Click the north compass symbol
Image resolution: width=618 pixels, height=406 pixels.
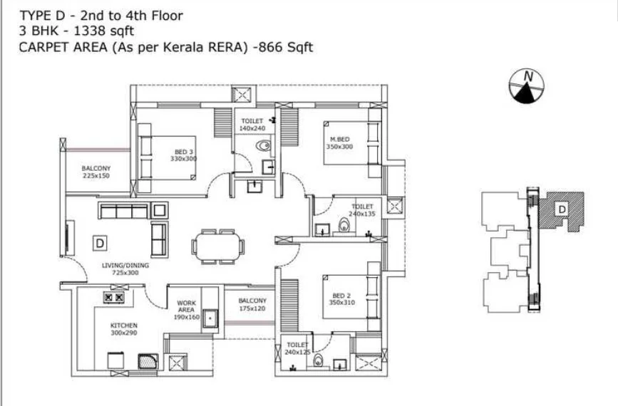click(527, 86)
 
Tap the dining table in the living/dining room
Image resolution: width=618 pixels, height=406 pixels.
click(218, 247)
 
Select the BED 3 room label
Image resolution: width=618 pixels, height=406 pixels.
click(184, 155)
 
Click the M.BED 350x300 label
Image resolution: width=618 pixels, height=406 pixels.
click(339, 143)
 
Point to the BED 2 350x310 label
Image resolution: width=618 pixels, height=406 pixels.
click(341, 299)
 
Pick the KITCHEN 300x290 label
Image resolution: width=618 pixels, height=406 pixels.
click(124, 329)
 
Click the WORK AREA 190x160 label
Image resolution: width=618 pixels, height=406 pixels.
click(187, 310)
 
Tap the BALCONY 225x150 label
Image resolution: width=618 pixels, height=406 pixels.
click(96, 172)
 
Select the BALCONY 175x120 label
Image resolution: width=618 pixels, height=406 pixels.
click(252, 304)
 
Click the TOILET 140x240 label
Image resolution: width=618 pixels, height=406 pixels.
click(252, 125)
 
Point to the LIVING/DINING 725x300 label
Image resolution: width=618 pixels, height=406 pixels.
click(125, 269)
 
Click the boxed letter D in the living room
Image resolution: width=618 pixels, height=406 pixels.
click(100, 244)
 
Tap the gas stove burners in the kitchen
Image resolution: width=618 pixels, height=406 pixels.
click(114, 297)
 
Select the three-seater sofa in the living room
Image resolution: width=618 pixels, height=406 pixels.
click(124, 210)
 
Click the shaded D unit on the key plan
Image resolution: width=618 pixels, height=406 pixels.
click(562, 210)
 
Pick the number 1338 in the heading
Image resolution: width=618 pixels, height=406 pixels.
click(90, 31)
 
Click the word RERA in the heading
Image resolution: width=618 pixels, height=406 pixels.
click(227, 47)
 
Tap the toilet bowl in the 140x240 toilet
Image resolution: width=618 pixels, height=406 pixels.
click(263, 146)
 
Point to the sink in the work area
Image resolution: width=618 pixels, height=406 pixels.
click(210, 318)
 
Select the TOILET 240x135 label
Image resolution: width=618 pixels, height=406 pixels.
click(362, 210)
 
